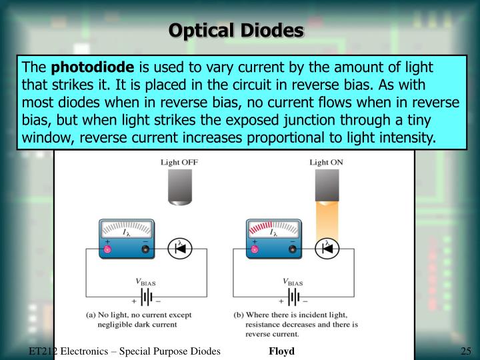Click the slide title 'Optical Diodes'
[237, 30]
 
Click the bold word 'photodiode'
[93, 68]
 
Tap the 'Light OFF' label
[179, 162]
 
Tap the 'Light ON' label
[327, 162]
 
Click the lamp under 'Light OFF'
[179, 187]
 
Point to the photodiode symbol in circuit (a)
[179, 249]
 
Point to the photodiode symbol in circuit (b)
[327, 249]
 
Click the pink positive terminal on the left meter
[107, 249]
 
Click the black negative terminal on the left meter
[145, 249]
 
